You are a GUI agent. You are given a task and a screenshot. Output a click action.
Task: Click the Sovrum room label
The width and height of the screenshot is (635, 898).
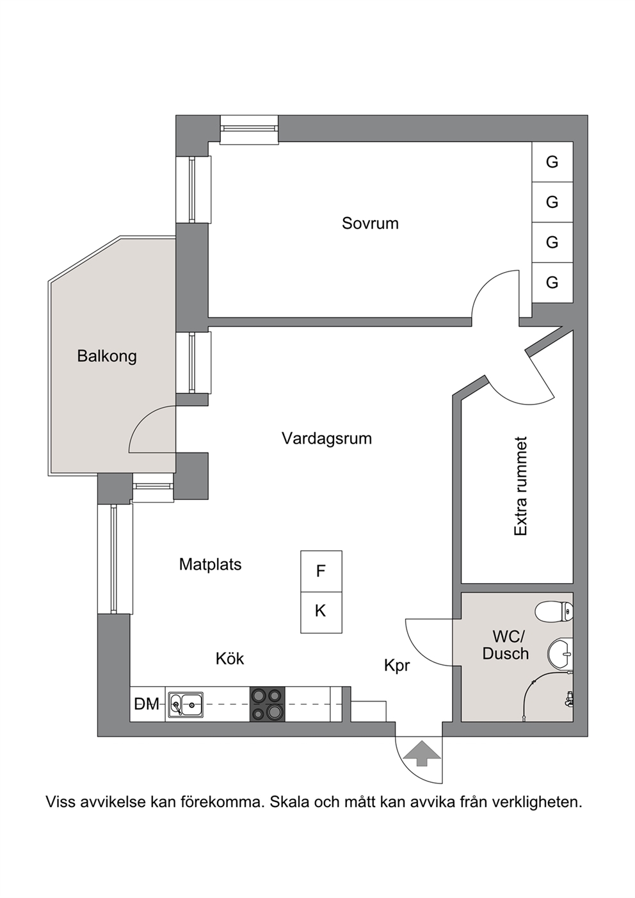[370, 223]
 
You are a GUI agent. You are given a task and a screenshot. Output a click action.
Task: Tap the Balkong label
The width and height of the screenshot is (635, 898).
[107, 356]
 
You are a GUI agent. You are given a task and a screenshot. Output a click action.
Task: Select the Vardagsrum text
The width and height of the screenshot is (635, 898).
[326, 438]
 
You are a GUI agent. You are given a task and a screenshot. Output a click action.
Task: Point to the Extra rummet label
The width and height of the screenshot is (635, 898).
[520, 486]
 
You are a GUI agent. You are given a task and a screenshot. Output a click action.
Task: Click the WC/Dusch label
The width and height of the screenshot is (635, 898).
[506, 645]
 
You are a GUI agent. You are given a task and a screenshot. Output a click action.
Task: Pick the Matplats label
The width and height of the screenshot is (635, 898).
[211, 565]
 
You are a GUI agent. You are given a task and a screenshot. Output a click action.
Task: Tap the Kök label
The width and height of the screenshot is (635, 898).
[230, 659]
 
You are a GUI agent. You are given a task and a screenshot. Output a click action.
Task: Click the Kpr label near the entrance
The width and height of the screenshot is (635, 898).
[397, 666]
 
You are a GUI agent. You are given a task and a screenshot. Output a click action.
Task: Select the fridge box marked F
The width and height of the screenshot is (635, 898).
[321, 572]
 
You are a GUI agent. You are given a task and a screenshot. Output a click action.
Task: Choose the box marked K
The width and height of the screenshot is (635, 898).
[321, 613]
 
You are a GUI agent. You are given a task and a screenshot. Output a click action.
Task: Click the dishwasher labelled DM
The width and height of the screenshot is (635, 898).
[147, 704]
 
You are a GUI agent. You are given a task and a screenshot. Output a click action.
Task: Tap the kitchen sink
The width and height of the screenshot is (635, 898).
[186, 704]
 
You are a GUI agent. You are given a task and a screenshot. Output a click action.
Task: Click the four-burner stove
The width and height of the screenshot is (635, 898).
[268, 704]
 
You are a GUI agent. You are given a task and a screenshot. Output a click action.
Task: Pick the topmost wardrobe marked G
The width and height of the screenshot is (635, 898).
[552, 162]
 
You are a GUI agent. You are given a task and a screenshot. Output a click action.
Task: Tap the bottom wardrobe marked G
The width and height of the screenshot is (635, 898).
[552, 283]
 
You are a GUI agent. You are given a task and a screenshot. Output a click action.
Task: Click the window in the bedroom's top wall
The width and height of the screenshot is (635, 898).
[250, 129]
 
